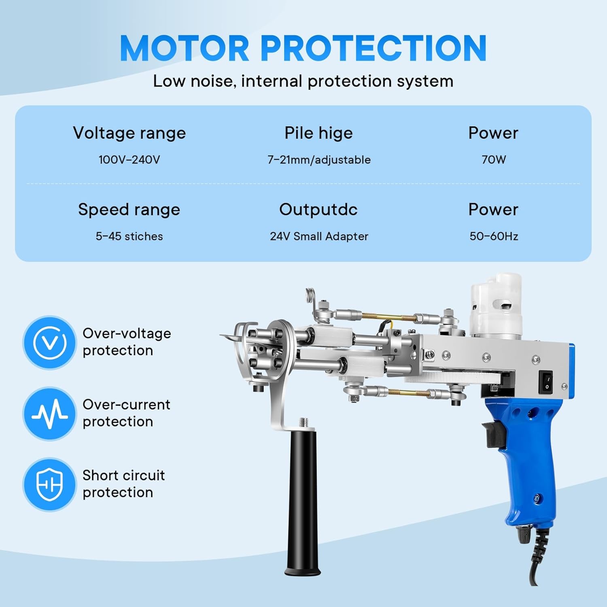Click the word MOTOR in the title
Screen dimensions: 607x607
pyautogui.click(x=185, y=48)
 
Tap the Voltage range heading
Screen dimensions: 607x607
pyautogui.click(x=129, y=133)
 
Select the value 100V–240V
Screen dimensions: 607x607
pyautogui.click(x=129, y=159)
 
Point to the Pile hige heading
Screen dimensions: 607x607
pyautogui.click(x=319, y=133)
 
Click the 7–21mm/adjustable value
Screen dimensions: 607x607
pyautogui.click(x=319, y=160)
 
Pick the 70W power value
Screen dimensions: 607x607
pyautogui.click(x=494, y=159)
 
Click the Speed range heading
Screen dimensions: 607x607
pyautogui.click(x=129, y=210)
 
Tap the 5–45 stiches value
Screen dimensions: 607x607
pyautogui.click(x=129, y=236)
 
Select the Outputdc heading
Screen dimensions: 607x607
pyautogui.click(x=318, y=210)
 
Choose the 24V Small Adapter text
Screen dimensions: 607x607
pyautogui.click(x=319, y=236)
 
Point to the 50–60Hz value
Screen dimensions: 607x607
pyautogui.click(x=494, y=236)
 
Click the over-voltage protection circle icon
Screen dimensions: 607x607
pyautogui.click(x=49, y=343)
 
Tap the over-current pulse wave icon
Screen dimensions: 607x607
pyautogui.click(x=49, y=414)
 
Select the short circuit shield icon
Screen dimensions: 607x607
pyautogui.click(x=49, y=484)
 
